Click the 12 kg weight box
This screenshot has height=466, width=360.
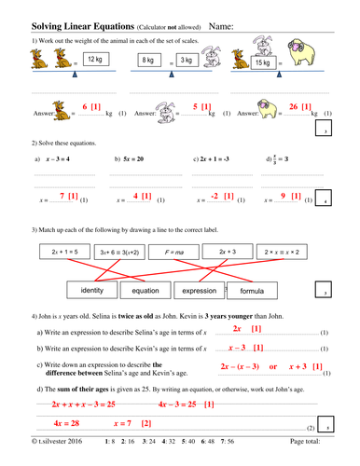coord(91,60)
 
